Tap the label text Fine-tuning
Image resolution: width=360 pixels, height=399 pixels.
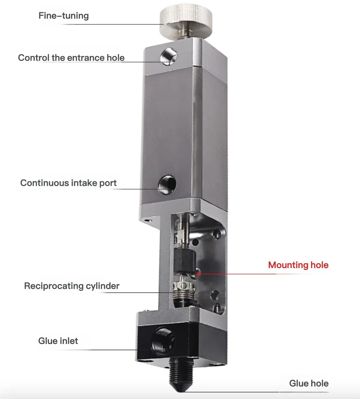64,16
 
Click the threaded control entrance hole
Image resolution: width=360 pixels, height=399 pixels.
169,57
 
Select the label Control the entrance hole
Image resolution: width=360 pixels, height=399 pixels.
71,58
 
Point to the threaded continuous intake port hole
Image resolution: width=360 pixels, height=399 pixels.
167,185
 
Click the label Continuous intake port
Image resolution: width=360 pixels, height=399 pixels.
68,183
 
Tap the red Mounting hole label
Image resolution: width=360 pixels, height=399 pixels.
298,265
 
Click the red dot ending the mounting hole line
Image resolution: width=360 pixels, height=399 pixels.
198,274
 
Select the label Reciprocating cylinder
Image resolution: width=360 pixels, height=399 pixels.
72,286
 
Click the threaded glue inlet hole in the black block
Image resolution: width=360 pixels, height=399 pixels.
163,342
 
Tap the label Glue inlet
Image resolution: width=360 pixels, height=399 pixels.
58,341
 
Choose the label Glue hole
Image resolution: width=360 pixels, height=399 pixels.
309,384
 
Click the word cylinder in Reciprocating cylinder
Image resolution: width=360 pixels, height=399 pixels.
103,286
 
